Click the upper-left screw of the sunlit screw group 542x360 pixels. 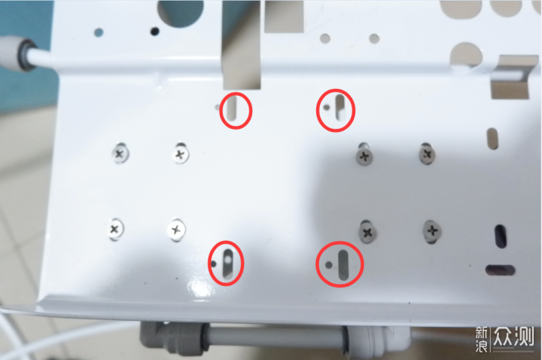pos(120,153)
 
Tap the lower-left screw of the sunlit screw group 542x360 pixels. pos(114,229)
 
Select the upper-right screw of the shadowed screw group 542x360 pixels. pos(427,154)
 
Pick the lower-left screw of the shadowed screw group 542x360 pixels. pos(368,233)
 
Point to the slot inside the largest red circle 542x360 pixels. pos(343,265)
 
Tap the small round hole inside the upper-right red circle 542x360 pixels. pos(326,107)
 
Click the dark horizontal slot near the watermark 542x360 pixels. pos(500,270)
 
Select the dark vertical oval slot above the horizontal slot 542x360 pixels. pos(501,236)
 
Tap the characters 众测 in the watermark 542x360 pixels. pos(513,336)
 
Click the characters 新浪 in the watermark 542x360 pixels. pos(482,339)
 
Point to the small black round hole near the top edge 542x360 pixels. pos(155,32)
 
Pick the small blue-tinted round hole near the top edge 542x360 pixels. pos(99,33)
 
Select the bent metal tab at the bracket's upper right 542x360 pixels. pos(512,75)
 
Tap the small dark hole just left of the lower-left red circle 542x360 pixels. pos(214,264)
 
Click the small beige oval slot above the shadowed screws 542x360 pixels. pos(492,139)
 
